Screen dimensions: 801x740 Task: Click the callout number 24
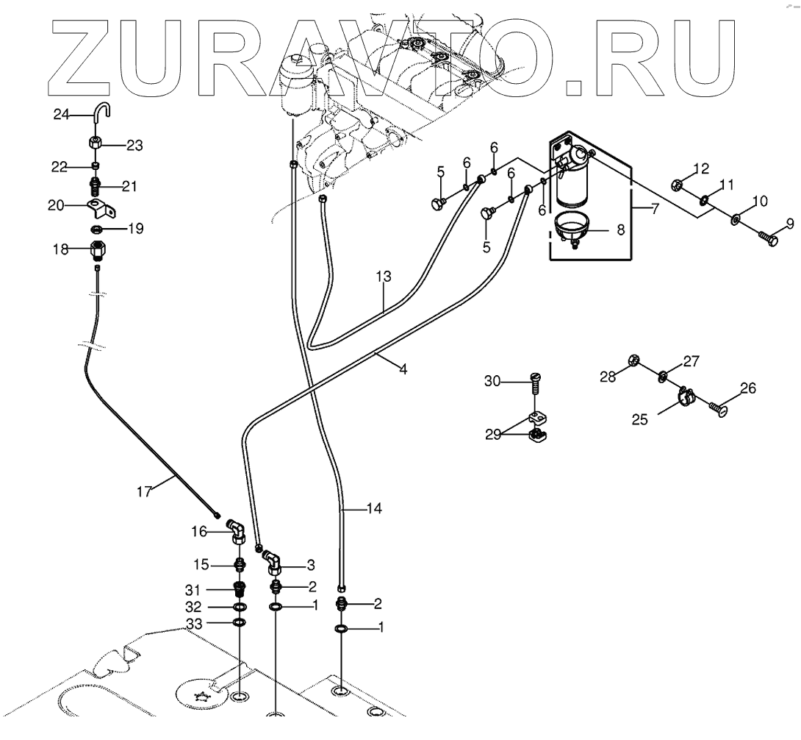61,114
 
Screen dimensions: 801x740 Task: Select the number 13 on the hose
384,277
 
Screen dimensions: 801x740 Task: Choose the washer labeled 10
735,219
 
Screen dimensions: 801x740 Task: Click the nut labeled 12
678,185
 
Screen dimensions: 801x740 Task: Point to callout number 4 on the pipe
402,369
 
